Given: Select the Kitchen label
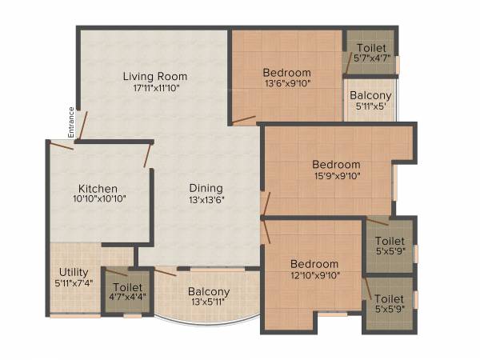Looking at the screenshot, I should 98,189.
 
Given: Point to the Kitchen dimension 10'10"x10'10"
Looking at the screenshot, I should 98,200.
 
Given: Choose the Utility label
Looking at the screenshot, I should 69,272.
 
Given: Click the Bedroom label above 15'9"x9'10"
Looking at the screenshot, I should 337,165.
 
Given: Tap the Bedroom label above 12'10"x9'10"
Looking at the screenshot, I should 314,264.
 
